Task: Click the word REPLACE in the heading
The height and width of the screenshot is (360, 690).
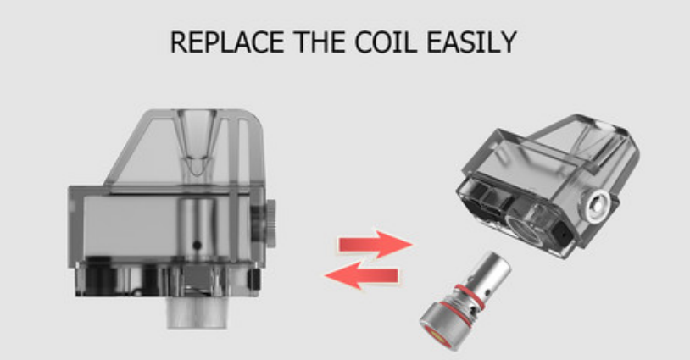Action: coord(226,42)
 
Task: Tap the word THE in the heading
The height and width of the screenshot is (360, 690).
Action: coord(321,42)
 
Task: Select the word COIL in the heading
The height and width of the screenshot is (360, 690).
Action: coord(386,42)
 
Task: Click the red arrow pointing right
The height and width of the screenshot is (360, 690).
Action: coord(375,245)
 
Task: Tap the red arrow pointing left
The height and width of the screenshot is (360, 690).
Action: coord(362,276)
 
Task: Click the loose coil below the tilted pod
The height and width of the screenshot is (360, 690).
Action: coord(465,300)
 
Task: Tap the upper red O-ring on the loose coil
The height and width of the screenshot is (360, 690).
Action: coord(470,296)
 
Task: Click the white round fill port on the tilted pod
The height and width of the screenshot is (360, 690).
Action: coord(596,205)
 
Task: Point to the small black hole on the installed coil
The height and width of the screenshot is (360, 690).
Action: coord(198,245)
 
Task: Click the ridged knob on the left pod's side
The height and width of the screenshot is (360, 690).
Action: coord(270,223)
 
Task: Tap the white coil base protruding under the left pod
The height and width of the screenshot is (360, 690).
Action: coord(197,312)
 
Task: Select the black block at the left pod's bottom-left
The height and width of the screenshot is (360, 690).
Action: coord(100,275)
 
